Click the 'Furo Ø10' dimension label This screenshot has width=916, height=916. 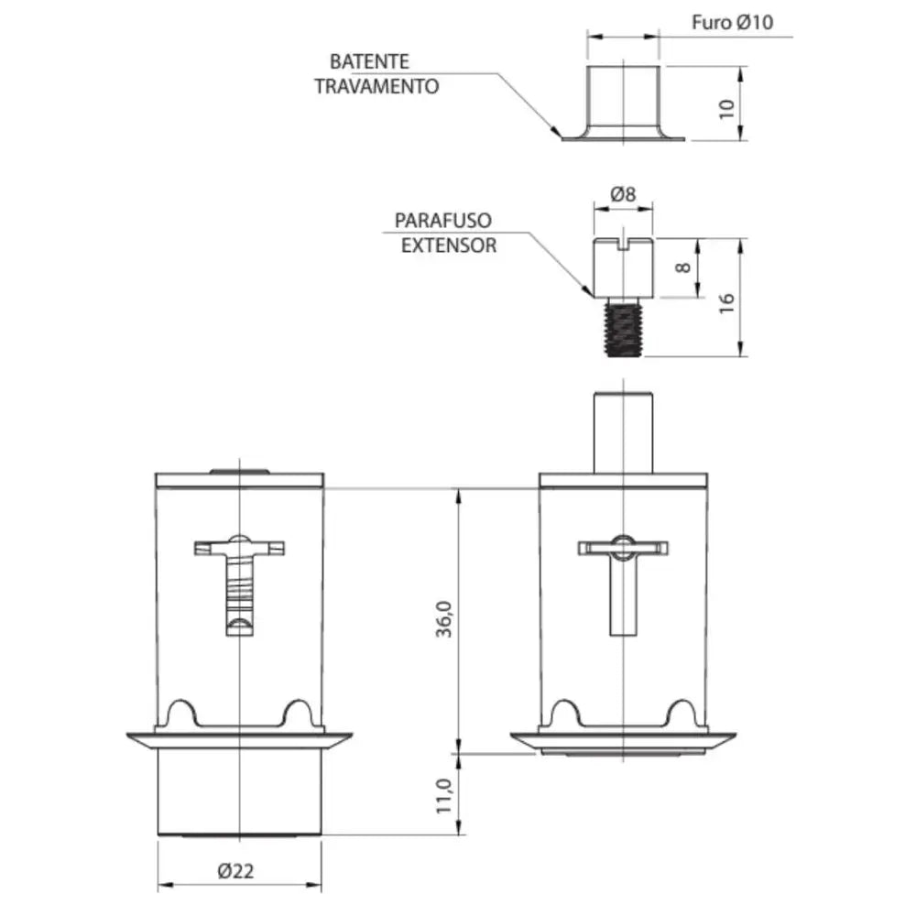tap(733, 22)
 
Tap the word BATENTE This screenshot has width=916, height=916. tap(369, 61)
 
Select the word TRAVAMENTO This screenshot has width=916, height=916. tap(376, 86)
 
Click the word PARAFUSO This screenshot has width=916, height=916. tap(443, 220)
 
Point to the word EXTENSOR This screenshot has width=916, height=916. tap(449, 245)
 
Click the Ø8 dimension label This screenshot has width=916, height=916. tap(623, 194)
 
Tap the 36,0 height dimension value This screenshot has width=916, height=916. tap(444, 618)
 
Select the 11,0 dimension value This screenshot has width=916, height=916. tap(444, 796)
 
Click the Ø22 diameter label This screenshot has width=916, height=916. tap(236, 871)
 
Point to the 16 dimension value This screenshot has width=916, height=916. tap(726, 302)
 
